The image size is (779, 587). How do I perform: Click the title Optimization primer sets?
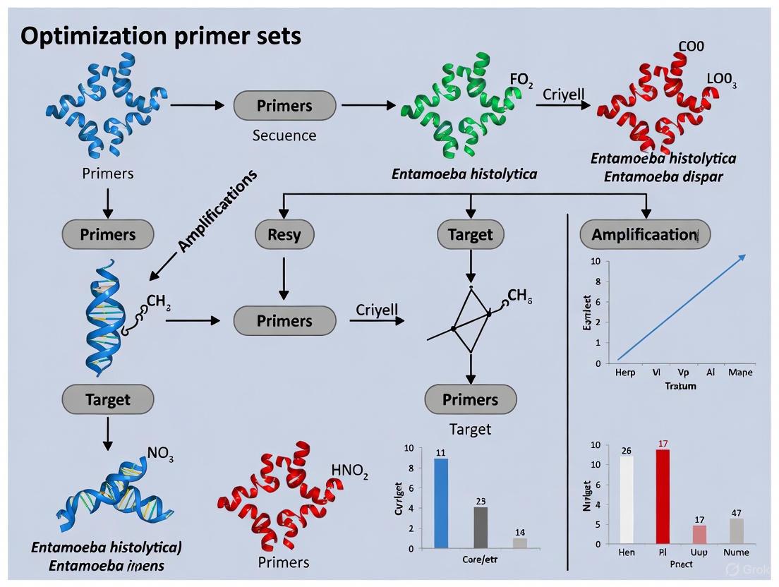point(161,36)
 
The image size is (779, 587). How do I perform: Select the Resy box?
point(284,234)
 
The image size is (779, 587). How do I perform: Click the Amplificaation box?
point(644,234)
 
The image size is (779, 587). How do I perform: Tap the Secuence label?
point(284,135)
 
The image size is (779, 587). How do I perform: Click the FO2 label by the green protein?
point(521,80)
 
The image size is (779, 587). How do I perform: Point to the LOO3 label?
point(722,80)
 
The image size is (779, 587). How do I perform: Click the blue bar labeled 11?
point(440,502)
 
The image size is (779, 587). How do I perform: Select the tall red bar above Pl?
point(662,496)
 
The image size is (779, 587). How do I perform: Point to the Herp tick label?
point(624,372)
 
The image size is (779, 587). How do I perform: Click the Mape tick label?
point(740,372)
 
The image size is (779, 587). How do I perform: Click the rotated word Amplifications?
point(217,210)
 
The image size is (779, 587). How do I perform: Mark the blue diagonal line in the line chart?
point(681,308)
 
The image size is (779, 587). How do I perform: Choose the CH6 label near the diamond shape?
point(519,296)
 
